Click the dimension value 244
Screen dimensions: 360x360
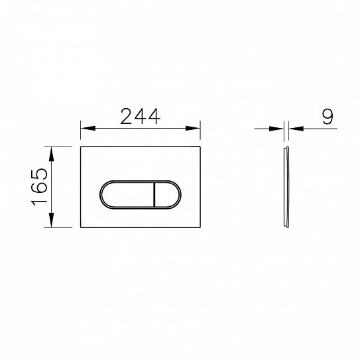coord(140,116)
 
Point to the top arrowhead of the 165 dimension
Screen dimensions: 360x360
coord(51,149)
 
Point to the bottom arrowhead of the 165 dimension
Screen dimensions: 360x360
coord(51,223)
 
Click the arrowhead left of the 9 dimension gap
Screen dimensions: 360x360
coord(280,128)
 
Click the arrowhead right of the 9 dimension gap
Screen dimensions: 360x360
coord(292,128)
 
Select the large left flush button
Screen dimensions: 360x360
coord(126,195)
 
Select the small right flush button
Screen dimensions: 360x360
coord(166,195)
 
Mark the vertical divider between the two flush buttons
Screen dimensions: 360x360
coord(154,195)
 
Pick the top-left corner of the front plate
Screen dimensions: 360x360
coord(81,145)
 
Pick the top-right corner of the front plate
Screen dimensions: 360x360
coord(201,145)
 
